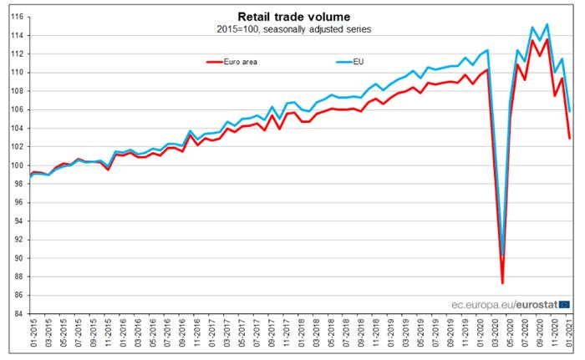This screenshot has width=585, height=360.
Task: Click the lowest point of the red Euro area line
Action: click(x=502, y=283)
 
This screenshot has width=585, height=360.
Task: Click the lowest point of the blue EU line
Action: click(x=502, y=256)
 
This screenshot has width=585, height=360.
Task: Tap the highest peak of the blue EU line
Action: click(x=547, y=24)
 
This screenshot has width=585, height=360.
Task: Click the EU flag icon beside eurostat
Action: click(x=565, y=304)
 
